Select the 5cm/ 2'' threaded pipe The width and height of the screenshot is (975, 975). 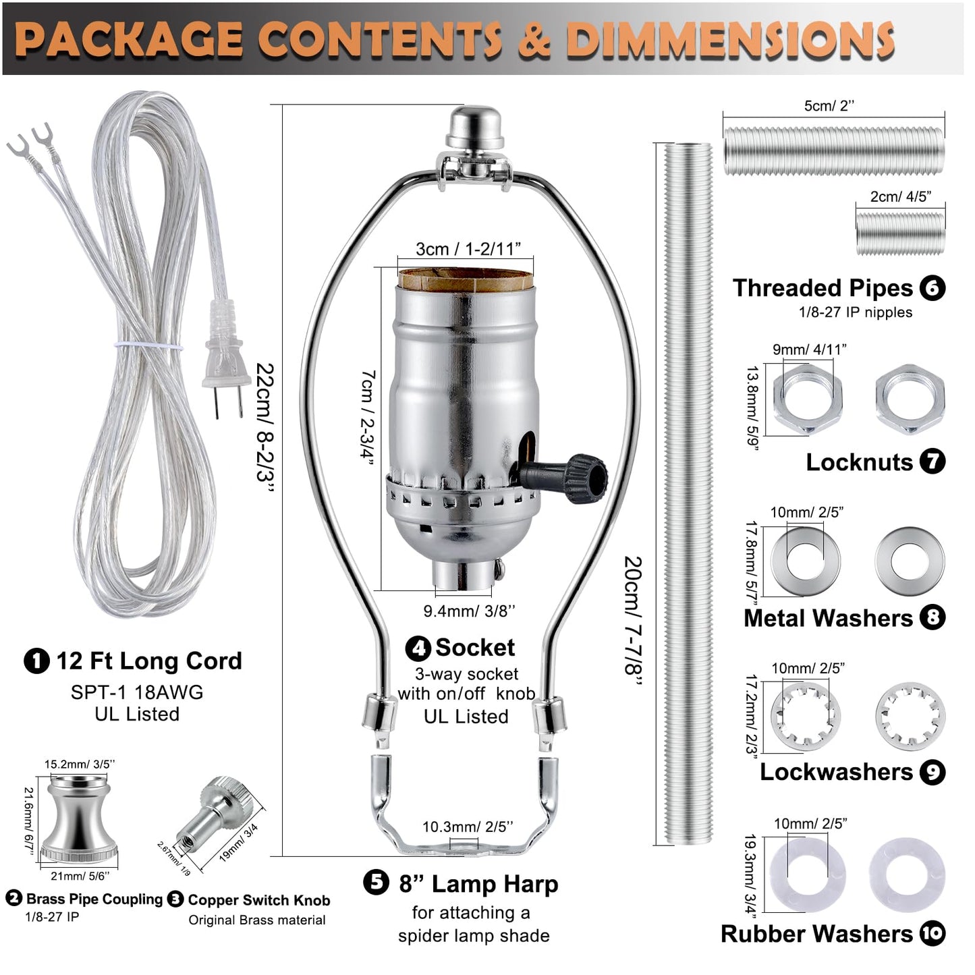[x=833, y=151]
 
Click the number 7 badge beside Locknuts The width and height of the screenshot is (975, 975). [x=932, y=462]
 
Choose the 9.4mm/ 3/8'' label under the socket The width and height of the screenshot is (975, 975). [x=469, y=611]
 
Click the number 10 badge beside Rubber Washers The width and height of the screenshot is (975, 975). [x=932, y=934]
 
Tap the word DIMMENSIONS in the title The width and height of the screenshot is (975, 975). [x=730, y=39]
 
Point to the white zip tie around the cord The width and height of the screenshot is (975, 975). [x=148, y=346]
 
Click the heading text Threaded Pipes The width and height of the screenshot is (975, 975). [x=823, y=288]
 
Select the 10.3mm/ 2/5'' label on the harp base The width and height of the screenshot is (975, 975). [x=468, y=827]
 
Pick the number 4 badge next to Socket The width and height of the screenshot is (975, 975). [x=418, y=648]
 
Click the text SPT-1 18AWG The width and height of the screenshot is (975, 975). [x=137, y=692]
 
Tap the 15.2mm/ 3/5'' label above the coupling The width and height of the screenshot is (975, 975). [x=80, y=764]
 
